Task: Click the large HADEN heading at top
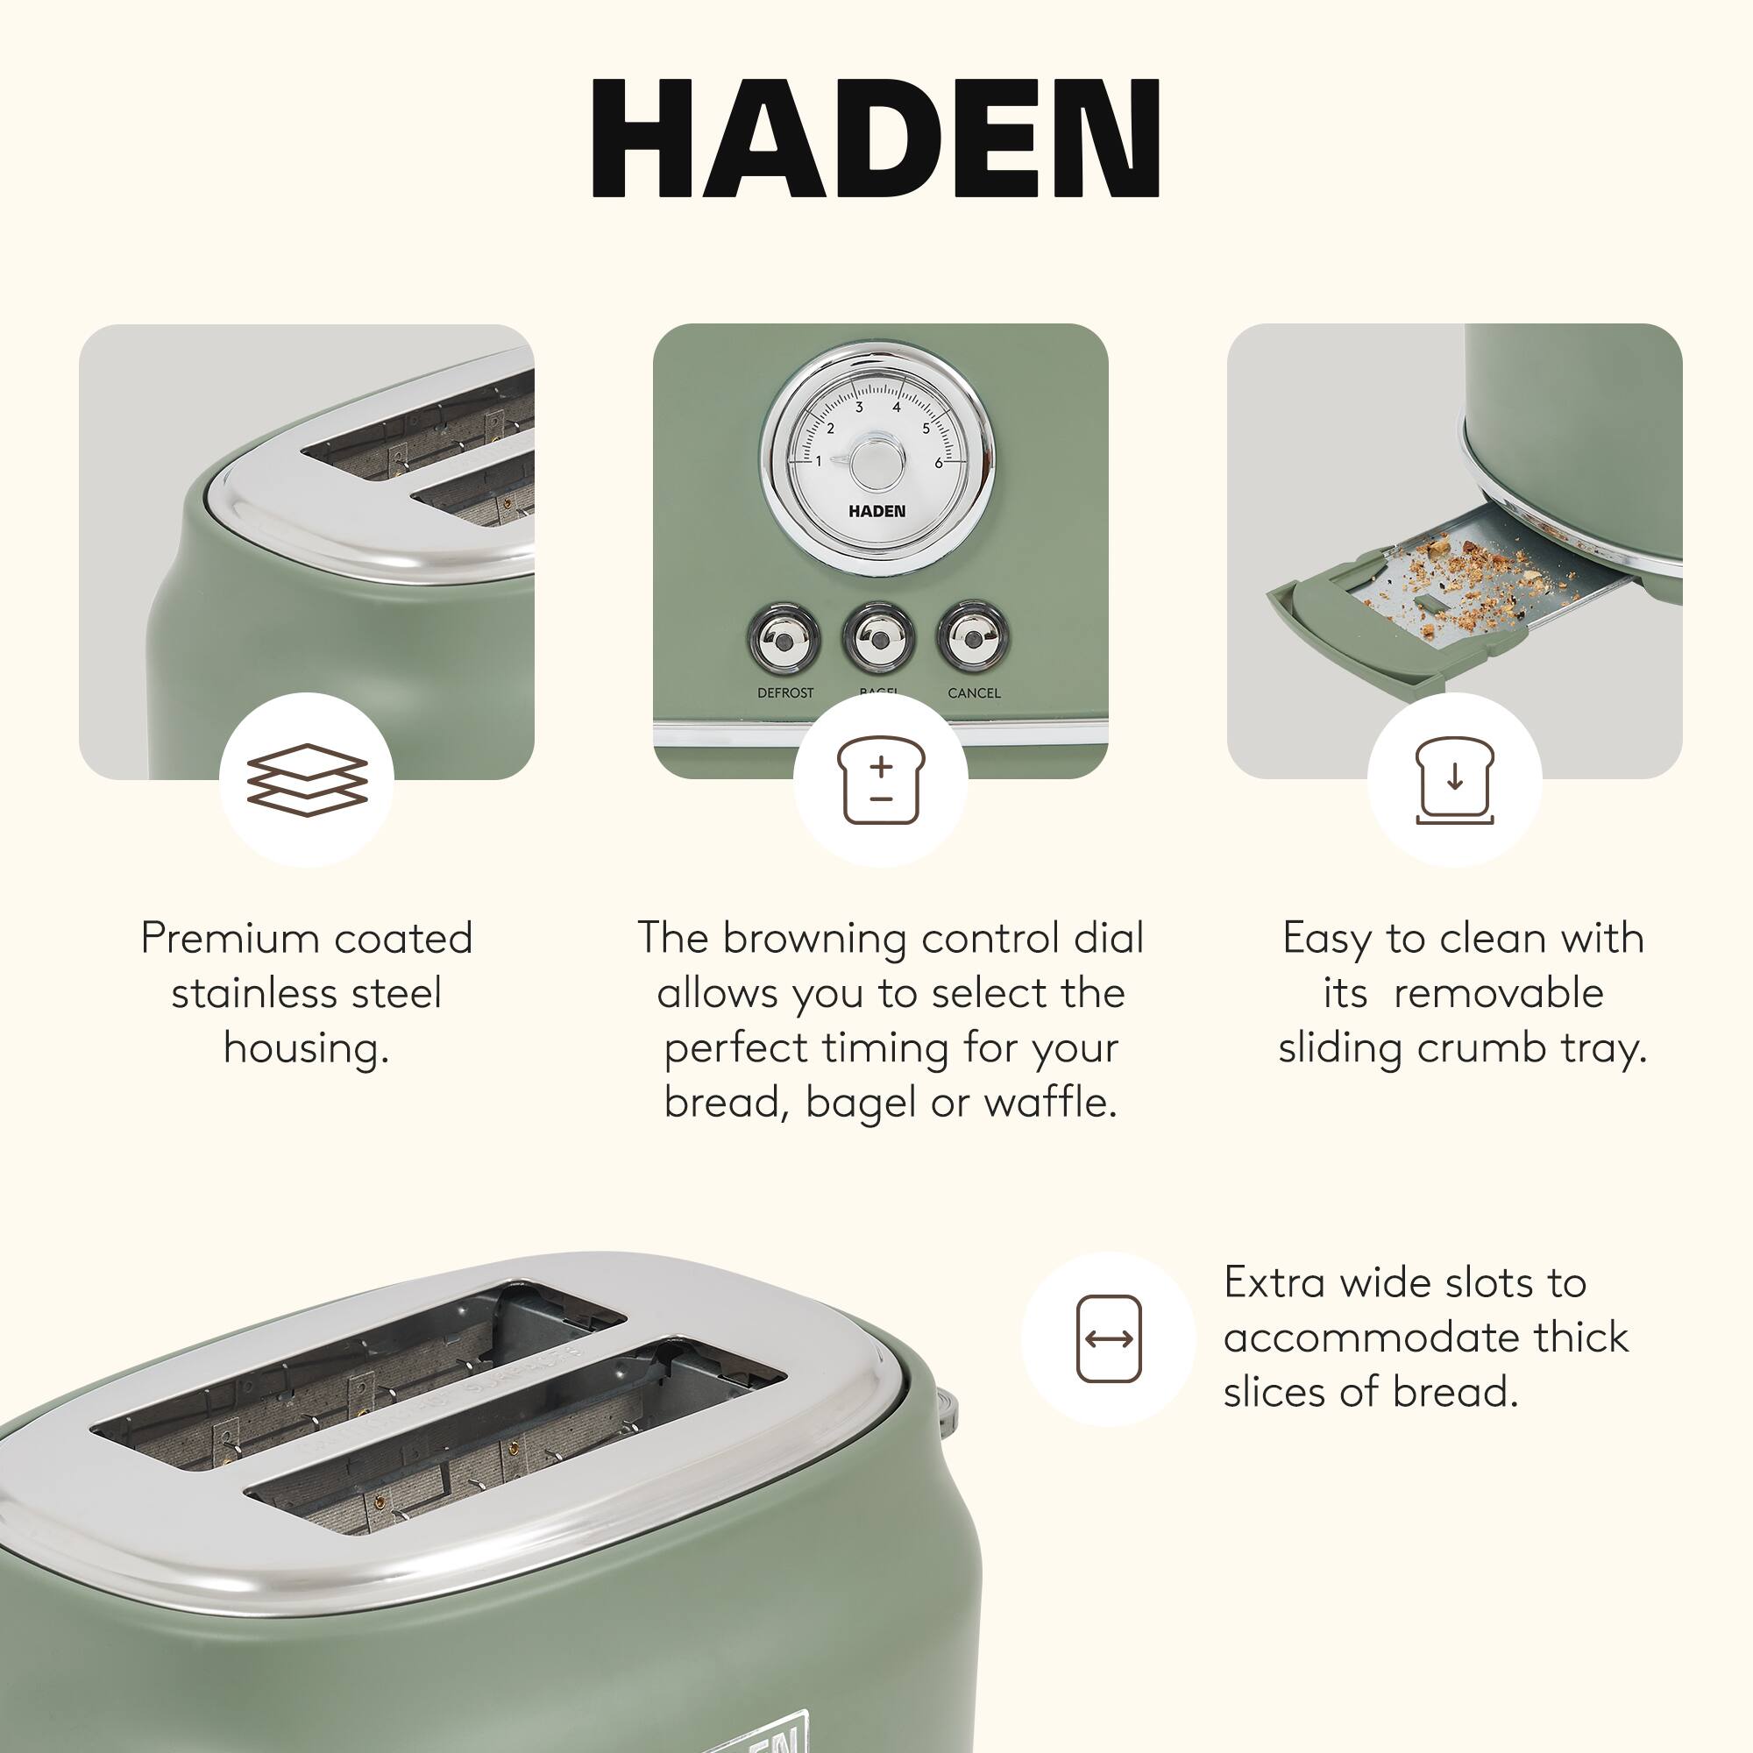pos(876,138)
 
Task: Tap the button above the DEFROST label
pos(784,637)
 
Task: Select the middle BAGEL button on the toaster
pos(878,637)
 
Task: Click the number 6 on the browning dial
pos(938,463)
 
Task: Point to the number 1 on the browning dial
pos(818,461)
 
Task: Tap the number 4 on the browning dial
pos(897,408)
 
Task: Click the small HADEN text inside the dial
pos(876,512)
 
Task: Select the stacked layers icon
pos(307,779)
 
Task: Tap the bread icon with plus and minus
pos(880,780)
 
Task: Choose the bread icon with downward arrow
pos(1454,779)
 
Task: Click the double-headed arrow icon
pos(1108,1338)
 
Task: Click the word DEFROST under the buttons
pos(784,693)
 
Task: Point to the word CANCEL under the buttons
pos(974,693)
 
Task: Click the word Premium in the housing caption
pos(227,938)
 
